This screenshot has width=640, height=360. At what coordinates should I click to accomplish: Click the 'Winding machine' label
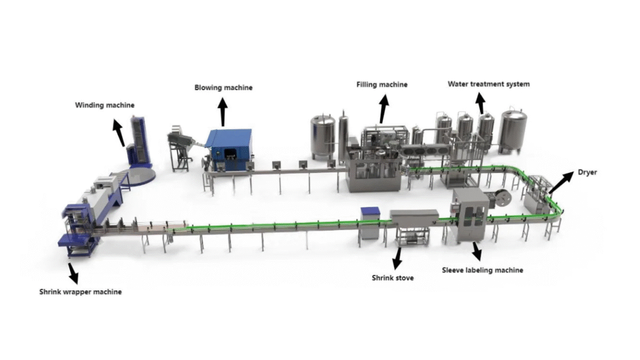104,105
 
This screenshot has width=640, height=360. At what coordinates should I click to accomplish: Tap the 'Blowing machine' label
223,87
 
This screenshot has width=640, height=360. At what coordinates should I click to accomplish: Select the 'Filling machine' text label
382,84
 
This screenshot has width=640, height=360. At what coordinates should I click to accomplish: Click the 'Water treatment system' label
488,84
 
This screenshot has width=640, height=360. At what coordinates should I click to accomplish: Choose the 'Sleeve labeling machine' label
482,270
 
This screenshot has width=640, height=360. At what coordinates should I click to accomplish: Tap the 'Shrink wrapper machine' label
81,291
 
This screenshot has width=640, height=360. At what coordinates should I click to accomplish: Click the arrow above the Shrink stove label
396,256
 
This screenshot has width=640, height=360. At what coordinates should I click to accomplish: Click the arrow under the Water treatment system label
481,103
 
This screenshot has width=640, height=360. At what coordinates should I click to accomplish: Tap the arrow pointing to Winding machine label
117,132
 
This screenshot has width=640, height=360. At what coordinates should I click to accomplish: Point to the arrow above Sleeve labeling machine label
476,251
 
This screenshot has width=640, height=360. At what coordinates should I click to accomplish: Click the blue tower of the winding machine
141,140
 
